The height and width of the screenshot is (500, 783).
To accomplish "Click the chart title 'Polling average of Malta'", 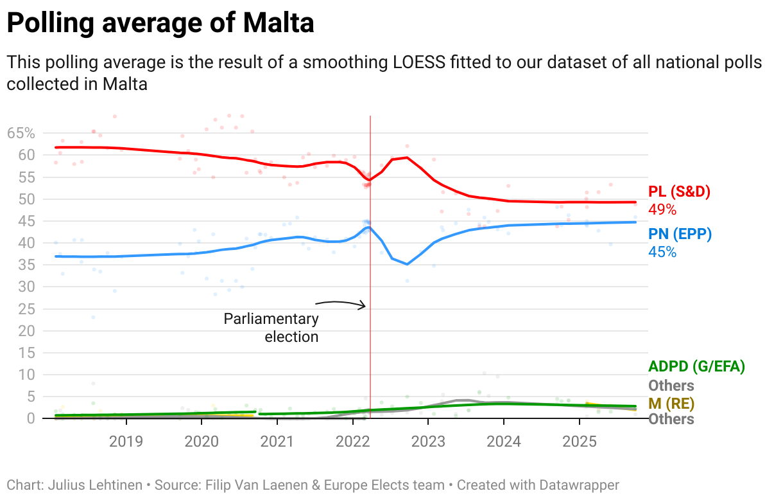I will [160, 24].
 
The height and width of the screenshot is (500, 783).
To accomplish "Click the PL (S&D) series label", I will [680, 192].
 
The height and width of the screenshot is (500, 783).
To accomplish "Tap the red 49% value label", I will [662, 209].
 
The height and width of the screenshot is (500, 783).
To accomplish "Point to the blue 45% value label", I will [662, 251].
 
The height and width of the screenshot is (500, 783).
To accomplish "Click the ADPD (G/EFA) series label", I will [696, 367].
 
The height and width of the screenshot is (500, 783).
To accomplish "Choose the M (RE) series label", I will [671, 404].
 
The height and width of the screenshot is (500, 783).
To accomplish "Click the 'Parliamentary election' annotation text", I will [271, 327].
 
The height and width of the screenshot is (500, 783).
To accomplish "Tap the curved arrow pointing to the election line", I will [341, 303].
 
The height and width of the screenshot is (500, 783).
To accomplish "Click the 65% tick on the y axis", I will [21, 134].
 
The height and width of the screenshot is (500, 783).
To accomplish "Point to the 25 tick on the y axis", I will [26, 309].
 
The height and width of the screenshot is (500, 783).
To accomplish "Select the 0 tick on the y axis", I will [30, 418].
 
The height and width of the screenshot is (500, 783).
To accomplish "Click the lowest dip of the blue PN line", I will [407, 264].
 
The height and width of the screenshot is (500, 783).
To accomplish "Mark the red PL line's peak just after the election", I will [407, 157].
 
